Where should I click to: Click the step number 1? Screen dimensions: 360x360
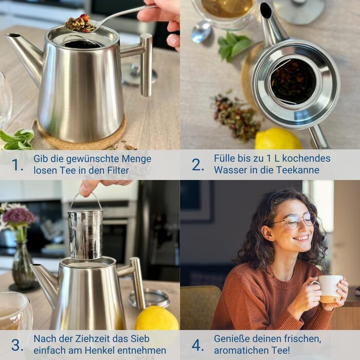click(17, 165)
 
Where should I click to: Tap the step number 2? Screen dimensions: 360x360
click(197, 165)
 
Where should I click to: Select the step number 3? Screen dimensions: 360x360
click(17, 345)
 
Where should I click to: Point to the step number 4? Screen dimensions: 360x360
click(197, 345)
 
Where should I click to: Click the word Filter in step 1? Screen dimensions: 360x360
click(118, 170)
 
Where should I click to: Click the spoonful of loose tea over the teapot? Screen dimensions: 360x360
click(80, 24)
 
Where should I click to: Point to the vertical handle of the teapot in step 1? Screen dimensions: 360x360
click(146, 65)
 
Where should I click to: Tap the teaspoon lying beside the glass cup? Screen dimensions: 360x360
click(201, 31)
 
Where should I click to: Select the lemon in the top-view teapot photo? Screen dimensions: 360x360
click(278, 138)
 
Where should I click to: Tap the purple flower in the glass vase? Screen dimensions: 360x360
click(18, 217)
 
